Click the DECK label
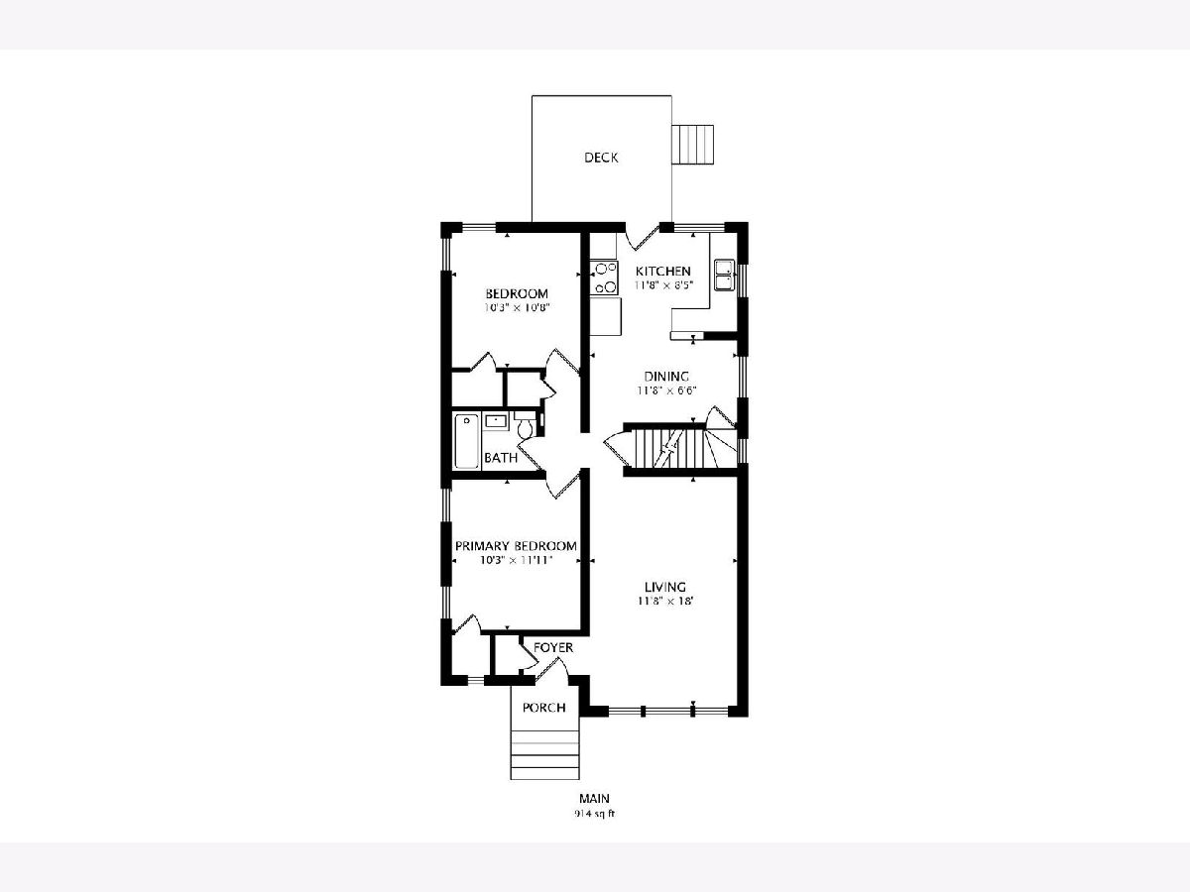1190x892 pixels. tap(601, 158)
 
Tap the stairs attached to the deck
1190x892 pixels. tap(693, 145)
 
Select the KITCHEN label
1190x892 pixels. tap(663, 271)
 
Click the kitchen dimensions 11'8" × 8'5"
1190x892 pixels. tap(664, 284)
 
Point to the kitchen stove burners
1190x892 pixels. tap(605, 278)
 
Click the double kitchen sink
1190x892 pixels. tap(724, 275)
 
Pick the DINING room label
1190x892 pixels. tap(666, 377)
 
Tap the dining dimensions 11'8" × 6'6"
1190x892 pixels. tap(666, 390)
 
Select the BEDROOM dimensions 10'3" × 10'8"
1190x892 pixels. tap(518, 307)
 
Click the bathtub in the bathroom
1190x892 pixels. tap(466, 441)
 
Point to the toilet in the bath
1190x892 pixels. tap(525, 424)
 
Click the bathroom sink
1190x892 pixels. tap(495, 421)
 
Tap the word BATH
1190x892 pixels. tap(501, 458)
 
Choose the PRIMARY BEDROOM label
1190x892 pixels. tap(516, 546)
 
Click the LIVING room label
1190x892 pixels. tap(665, 587)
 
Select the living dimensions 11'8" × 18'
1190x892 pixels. tap(666, 601)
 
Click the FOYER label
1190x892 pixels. tap(553, 648)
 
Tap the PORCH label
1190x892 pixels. tap(543, 708)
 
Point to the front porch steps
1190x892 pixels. tap(544, 754)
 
